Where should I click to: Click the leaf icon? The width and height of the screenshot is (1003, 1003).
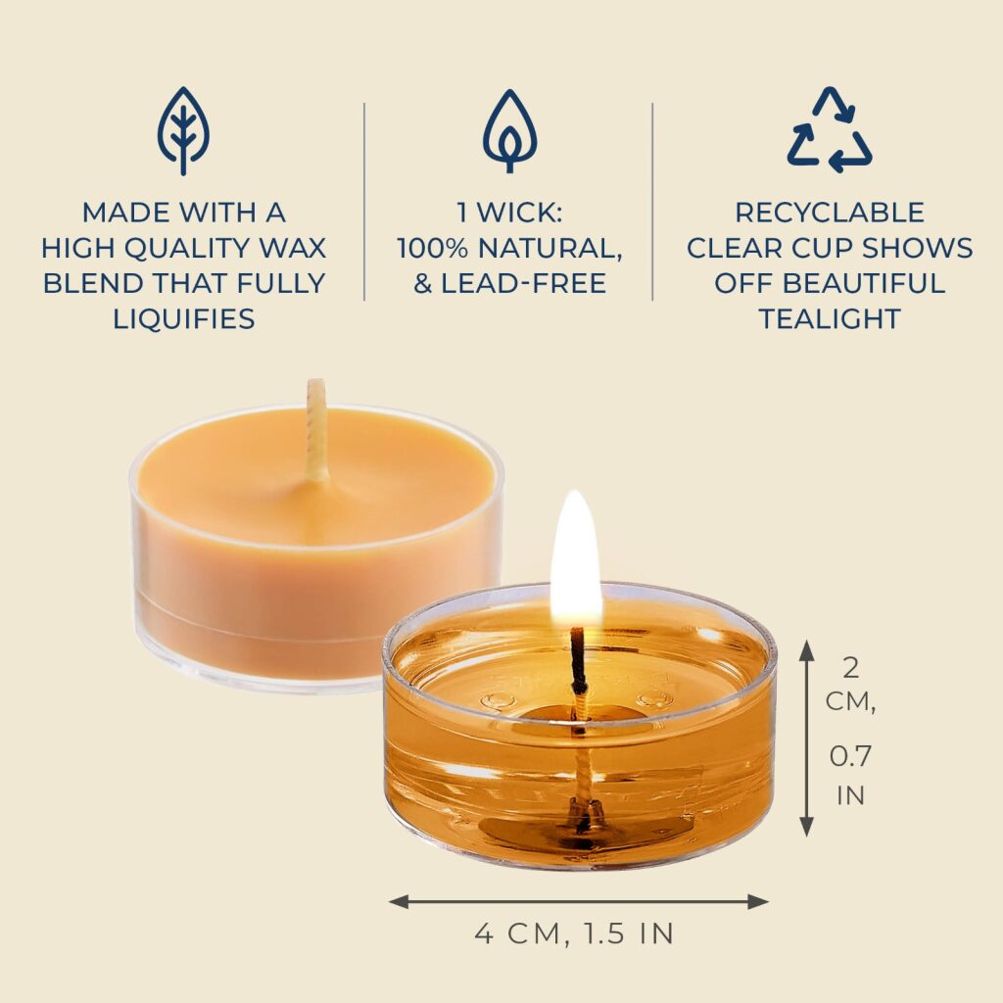point(183,131)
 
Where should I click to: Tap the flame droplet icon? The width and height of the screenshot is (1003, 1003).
point(509,131)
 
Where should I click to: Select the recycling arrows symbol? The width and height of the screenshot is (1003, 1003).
point(830,130)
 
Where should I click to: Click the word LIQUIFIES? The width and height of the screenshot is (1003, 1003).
point(184,318)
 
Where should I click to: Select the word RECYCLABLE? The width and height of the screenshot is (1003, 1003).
point(830,213)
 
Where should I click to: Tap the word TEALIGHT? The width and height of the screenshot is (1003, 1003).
point(830,318)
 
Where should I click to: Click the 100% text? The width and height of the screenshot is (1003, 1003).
point(432,248)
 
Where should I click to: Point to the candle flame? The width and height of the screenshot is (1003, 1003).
point(576,557)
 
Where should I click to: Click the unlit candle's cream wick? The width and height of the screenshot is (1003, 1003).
point(317,429)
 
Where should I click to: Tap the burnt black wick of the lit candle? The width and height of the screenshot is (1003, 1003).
point(578,660)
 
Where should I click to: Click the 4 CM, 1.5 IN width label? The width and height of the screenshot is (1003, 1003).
point(574,933)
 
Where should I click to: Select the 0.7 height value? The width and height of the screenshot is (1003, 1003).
point(851,757)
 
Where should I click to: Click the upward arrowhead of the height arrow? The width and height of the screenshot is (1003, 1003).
point(807,649)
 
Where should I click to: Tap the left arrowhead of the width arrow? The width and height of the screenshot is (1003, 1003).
point(400,902)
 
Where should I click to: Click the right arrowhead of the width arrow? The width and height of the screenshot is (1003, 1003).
point(759,902)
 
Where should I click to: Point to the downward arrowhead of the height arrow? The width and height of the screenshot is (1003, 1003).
point(807,826)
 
